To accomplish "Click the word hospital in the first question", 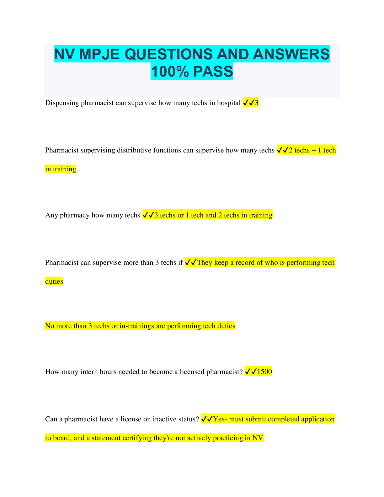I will pyautogui.click(x=229, y=103).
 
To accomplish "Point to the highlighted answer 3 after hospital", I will pyautogui.click(x=256, y=103).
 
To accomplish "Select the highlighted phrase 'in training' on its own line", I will pyautogui.click(x=61, y=169).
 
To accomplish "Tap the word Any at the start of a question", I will pyautogui.click(x=51, y=215).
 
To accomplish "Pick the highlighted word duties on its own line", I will pyautogui.click(x=54, y=281).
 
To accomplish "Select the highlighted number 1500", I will pyautogui.click(x=264, y=372).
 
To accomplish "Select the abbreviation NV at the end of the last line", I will pyautogui.click(x=258, y=438).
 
